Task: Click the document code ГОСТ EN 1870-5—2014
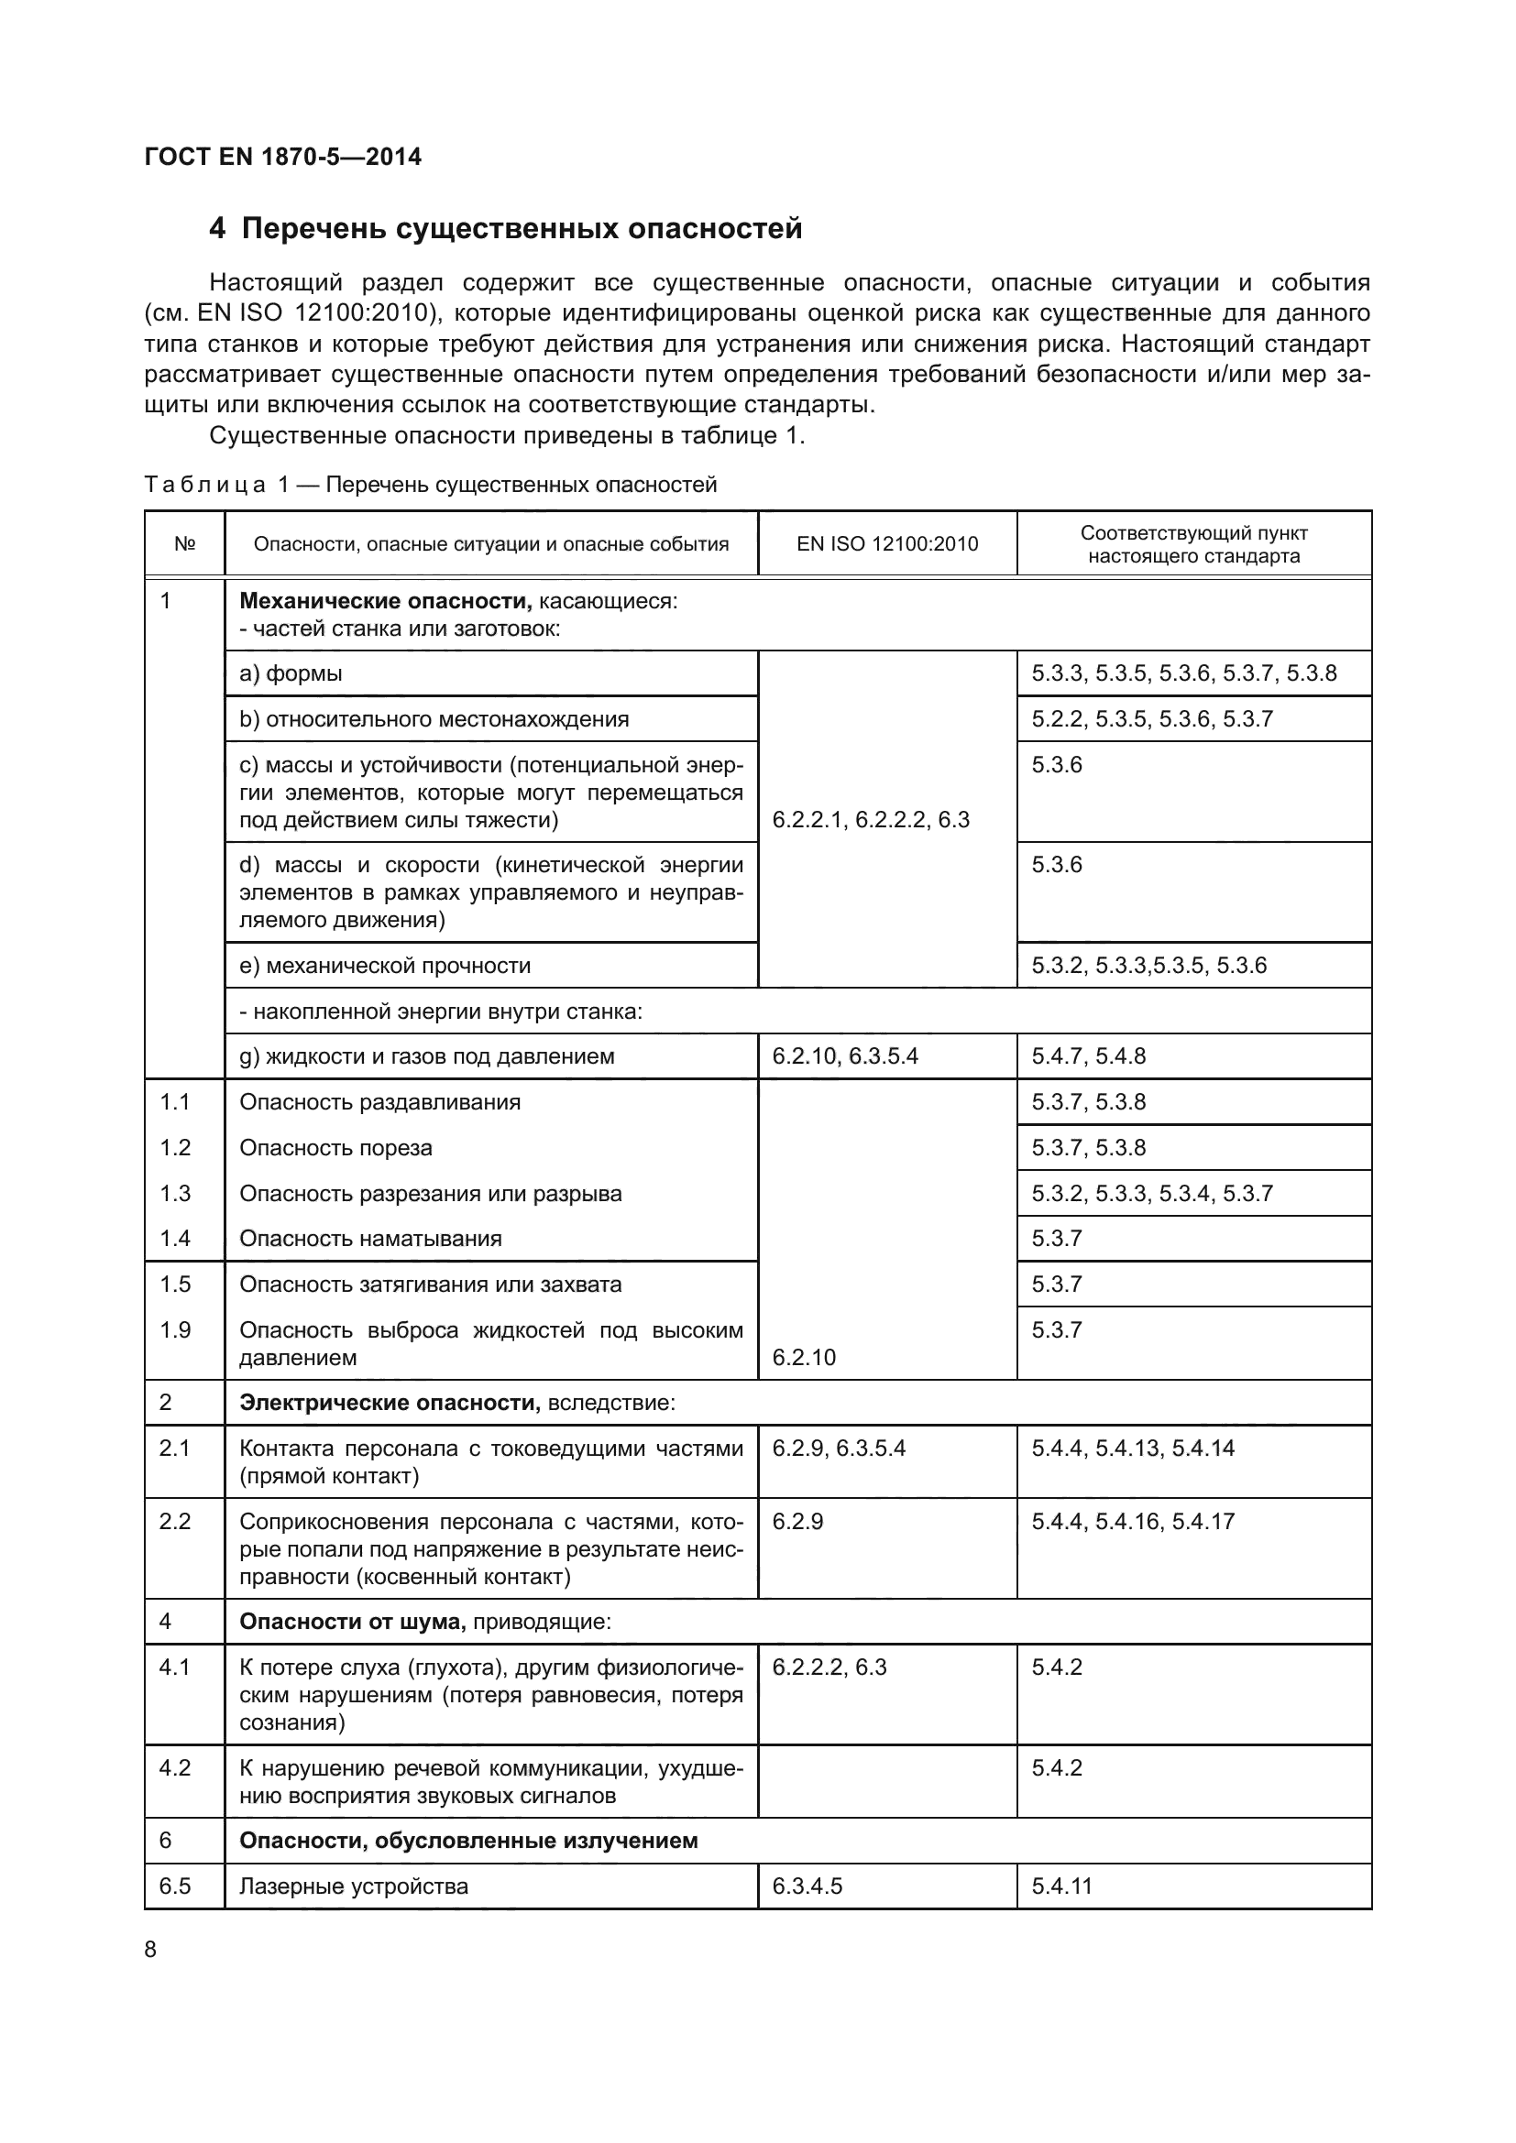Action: coord(283,157)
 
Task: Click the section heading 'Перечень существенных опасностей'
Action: coord(521,229)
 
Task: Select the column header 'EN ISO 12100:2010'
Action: coord(887,544)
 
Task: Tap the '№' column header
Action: coord(185,544)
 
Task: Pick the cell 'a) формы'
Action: coord(291,674)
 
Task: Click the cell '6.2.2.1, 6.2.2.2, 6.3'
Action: coord(871,819)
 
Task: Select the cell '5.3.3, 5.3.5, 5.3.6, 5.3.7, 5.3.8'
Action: coord(1183,674)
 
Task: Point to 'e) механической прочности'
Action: coord(386,966)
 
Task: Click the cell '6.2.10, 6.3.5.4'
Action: coord(845,1056)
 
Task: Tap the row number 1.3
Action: coord(174,1194)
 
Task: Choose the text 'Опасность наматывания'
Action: coord(370,1239)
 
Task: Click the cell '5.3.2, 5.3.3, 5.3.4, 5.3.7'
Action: coord(1152,1194)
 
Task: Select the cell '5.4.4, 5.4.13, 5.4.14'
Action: coord(1132,1449)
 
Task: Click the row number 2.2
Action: coord(174,1523)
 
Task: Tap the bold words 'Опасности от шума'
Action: coord(352,1623)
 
